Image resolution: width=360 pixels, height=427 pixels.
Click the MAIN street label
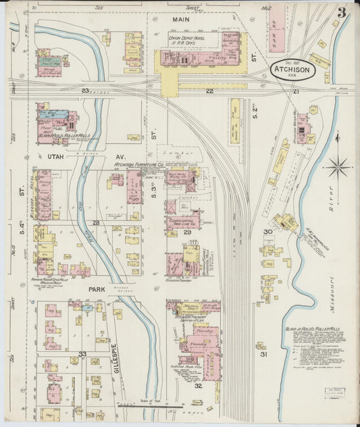click(180, 20)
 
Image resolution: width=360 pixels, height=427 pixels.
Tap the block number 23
click(85, 90)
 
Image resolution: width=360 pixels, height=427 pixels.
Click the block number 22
click(210, 91)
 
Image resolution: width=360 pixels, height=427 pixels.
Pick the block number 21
click(295, 91)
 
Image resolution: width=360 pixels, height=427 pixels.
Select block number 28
click(97, 222)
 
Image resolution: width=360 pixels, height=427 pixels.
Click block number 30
click(267, 232)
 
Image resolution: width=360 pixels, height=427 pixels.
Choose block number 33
click(82, 353)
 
